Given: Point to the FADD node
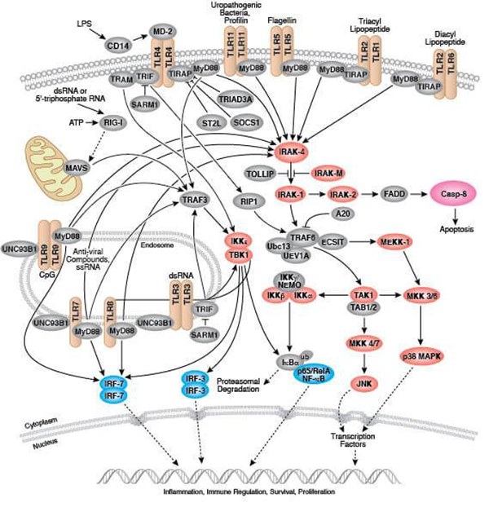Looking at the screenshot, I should pyautogui.click(x=391, y=196).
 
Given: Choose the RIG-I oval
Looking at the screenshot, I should pyautogui.click(x=119, y=122).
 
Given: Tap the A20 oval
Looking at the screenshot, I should pyautogui.click(x=343, y=213).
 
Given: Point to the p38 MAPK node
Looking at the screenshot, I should pyautogui.click(x=420, y=357).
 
